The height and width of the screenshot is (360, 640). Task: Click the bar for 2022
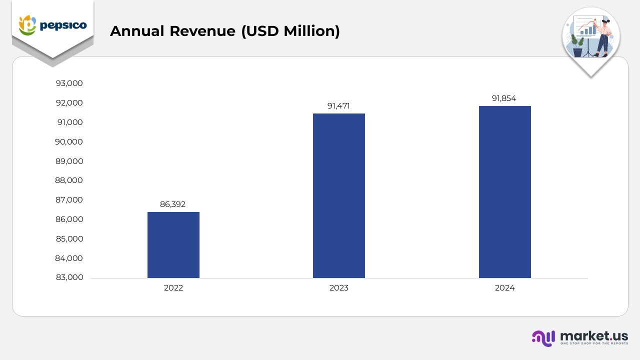point(173,244)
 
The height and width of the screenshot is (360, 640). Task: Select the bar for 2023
point(338,195)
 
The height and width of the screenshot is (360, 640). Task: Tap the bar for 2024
point(504,191)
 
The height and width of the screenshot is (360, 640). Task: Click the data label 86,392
point(173,204)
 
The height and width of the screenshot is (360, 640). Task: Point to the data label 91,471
point(338,105)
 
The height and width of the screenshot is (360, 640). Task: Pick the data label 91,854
point(504,98)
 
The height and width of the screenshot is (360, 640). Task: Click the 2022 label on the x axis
point(173,288)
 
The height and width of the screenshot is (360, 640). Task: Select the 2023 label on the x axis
point(338,288)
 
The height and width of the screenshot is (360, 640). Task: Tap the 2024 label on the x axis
point(504,288)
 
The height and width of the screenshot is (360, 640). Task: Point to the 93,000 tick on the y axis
point(69,83)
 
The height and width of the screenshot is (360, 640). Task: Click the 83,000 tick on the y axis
point(69,277)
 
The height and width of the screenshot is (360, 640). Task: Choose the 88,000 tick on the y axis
point(69,180)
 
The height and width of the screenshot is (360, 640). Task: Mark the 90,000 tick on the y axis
point(69,141)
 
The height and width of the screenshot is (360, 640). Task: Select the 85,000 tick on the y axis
point(69,239)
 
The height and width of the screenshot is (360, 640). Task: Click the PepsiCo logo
point(52,25)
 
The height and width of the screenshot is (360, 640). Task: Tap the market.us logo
point(579,337)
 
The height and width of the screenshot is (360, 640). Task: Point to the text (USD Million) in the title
point(290,31)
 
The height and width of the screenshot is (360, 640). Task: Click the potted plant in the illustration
point(577,46)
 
